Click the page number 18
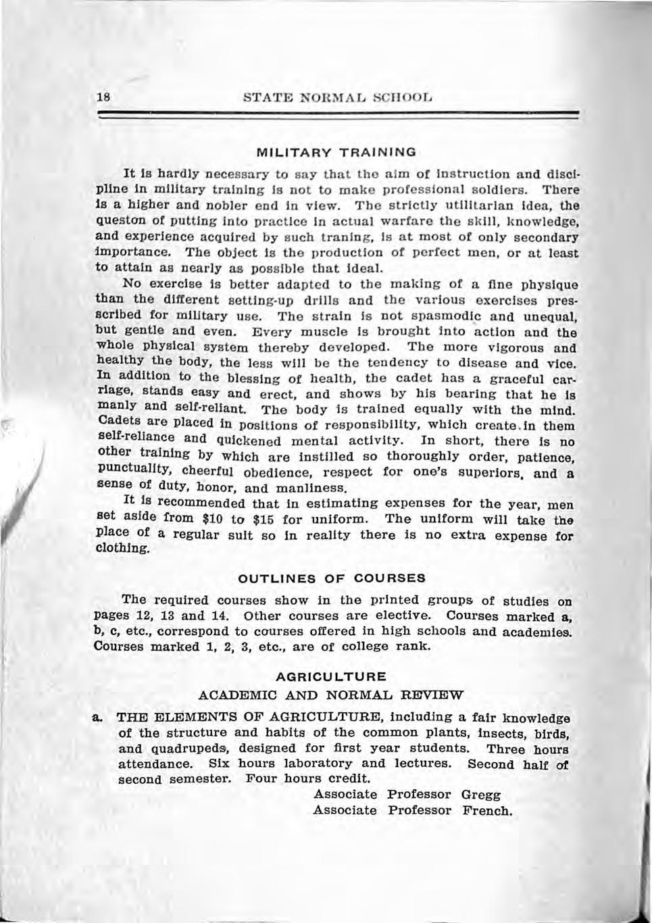tap(103, 97)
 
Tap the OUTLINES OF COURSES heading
tap(331, 578)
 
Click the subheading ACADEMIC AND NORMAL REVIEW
tap(331, 695)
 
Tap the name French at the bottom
tap(487, 810)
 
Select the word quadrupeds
tap(194, 748)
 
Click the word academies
tap(534, 633)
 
